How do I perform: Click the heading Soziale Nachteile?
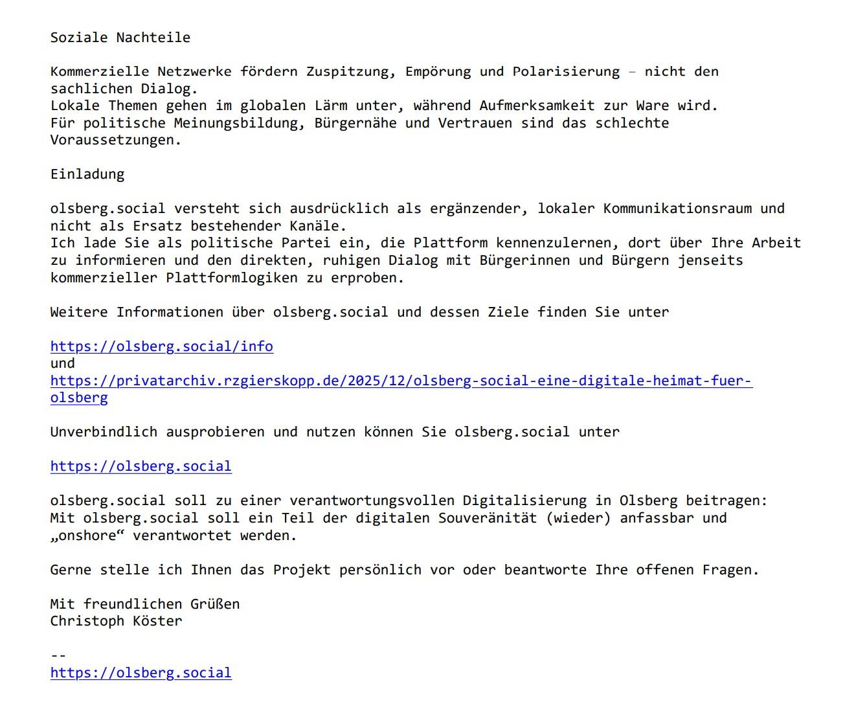coord(120,38)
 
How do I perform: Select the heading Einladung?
coord(87,174)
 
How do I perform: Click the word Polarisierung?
coord(566,72)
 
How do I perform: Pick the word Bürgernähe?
coord(355,123)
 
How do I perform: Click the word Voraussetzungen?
coord(116,141)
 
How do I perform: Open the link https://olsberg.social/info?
coord(162,346)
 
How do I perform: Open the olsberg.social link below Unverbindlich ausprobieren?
coord(141,466)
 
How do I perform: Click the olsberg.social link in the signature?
coord(141,673)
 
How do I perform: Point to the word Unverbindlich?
coord(104,432)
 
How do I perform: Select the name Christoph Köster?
coord(117,622)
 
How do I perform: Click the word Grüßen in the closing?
coord(215,604)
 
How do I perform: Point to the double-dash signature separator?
coord(58,655)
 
